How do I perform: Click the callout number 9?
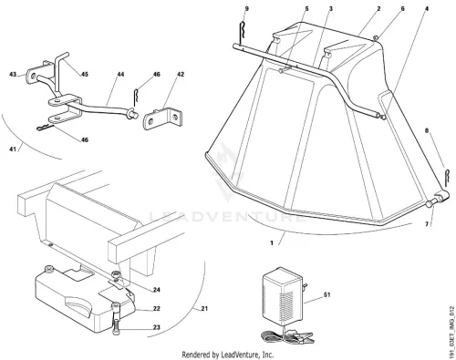pyautogui.click(x=246, y=9)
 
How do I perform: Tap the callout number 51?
pyautogui.click(x=326, y=294)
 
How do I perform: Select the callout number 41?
pyautogui.click(x=13, y=149)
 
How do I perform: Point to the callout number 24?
pyautogui.click(x=156, y=290)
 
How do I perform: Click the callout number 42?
pyautogui.click(x=181, y=74)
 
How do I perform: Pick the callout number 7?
pyautogui.click(x=427, y=224)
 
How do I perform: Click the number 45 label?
pyautogui.click(x=84, y=74)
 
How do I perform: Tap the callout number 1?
pyautogui.click(x=272, y=242)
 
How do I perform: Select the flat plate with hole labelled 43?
pyautogui.click(x=31, y=75)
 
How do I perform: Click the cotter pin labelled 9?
pyautogui.click(x=242, y=33)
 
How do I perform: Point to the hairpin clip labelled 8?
pyautogui.click(x=445, y=178)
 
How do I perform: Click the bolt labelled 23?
pyautogui.click(x=117, y=318)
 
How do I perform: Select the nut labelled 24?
pyautogui.click(x=116, y=275)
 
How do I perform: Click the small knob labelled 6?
pyautogui.click(x=376, y=38)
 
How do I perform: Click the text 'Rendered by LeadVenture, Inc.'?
pyautogui.click(x=227, y=355)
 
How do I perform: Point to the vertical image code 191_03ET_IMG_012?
pyautogui.click(x=451, y=332)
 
